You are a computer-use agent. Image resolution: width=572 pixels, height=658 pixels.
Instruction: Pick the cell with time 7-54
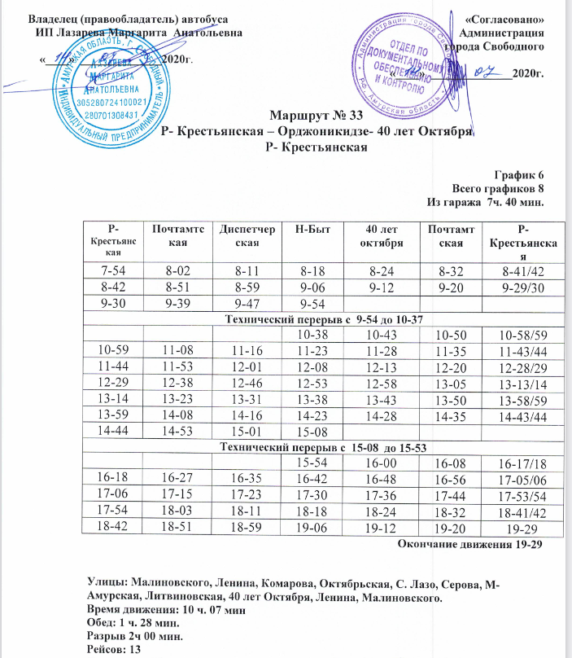coord(113,270)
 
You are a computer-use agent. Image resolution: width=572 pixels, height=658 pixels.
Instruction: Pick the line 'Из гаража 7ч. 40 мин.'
coord(485,200)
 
